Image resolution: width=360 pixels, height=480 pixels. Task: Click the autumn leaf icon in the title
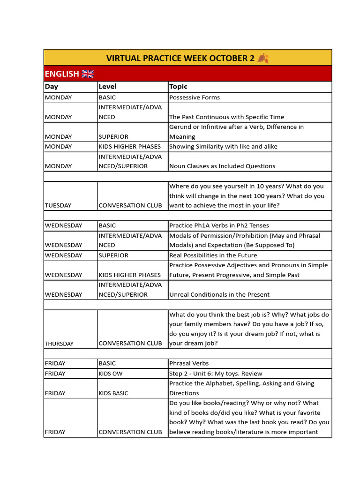tap(263, 58)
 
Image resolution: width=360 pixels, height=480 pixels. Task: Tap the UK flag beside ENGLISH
tap(88, 74)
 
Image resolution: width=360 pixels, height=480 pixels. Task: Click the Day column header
tap(52, 86)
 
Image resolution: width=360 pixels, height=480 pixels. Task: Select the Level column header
tap(107, 86)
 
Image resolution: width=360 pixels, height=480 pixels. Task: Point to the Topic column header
tap(178, 86)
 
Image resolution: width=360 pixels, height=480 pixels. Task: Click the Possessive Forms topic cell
tap(194, 97)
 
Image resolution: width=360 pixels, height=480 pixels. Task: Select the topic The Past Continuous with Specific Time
tap(226, 117)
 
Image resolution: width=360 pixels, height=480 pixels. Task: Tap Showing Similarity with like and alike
tap(223, 147)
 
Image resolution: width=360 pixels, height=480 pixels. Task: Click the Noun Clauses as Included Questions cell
tap(222, 166)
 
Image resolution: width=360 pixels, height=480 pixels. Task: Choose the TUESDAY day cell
tap(58, 205)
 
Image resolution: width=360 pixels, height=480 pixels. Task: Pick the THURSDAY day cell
tap(59, 344)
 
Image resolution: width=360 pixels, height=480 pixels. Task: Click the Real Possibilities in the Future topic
tap(213, 255)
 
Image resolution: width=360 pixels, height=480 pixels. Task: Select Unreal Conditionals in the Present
tap(219, 294)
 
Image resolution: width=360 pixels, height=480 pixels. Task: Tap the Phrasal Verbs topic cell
tap(189, 363)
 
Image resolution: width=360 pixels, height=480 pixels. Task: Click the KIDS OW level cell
tap(108, 374)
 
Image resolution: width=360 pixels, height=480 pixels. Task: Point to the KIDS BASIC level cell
tap(113, 393)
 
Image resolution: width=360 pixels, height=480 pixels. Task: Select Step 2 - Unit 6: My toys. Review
tap(216, 374)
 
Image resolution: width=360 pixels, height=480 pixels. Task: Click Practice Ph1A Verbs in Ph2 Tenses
tap(219, 225)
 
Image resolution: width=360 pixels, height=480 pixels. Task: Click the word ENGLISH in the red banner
tap(62, 74)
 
